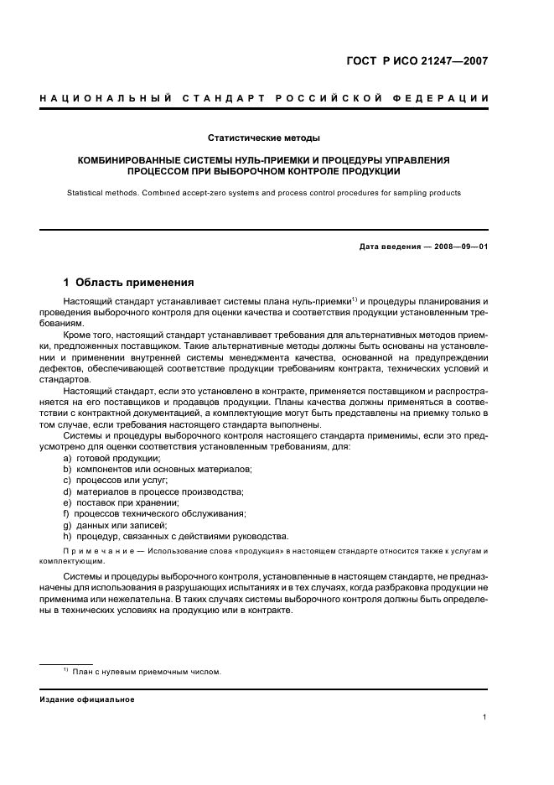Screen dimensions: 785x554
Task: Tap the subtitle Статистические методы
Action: pyautogui.click(x=263, y=138)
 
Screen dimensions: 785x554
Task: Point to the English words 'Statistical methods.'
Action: pyautogui.click(x=105, y=193)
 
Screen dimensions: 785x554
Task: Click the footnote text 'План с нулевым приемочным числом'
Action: pyautogui.click(x=147, y=672)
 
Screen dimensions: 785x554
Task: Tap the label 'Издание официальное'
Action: pyautogui.click(x=86, y=699)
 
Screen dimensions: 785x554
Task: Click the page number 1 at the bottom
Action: pyautogui.click(x=485, y=717)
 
